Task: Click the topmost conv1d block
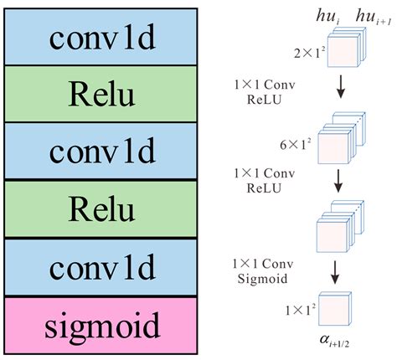point(102,39)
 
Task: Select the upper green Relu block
point(102,96)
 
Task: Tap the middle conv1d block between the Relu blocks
point(102,154)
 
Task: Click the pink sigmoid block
point(102,324)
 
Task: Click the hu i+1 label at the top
point(369,16)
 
